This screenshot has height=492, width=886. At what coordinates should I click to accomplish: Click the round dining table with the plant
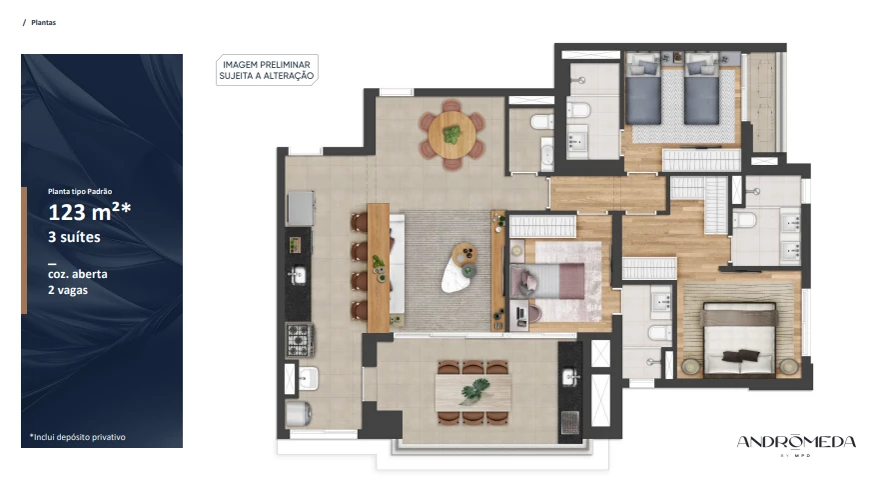[451, 135]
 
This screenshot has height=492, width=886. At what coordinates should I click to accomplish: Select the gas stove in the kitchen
[299, 339]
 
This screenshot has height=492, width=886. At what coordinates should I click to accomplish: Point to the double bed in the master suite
[739, 339]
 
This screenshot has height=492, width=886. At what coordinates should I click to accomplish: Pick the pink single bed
[547, 280]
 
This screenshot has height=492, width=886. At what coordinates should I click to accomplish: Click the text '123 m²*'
[89, 212]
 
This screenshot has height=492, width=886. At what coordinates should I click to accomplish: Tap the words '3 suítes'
[74, 237]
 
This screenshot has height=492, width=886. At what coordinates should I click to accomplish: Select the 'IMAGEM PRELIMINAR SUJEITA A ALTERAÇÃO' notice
[267, 70]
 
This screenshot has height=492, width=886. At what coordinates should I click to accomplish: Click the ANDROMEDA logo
[796, 443]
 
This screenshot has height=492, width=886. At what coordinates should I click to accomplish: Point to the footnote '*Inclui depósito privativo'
[77, 437]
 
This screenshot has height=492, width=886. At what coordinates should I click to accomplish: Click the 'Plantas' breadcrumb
[44, 23]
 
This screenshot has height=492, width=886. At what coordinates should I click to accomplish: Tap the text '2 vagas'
[68, 290]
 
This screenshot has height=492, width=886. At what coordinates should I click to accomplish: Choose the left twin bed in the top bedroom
[643, 89]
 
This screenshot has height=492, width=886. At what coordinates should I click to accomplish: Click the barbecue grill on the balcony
[569, 423]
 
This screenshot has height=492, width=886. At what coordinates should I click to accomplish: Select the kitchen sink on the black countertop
[298, 275]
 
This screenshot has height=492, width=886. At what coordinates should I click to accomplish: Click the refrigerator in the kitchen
[301, 208]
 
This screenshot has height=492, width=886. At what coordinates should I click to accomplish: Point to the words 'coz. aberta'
[77, 274]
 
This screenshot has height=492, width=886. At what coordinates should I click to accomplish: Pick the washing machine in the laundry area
[299, 413]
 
